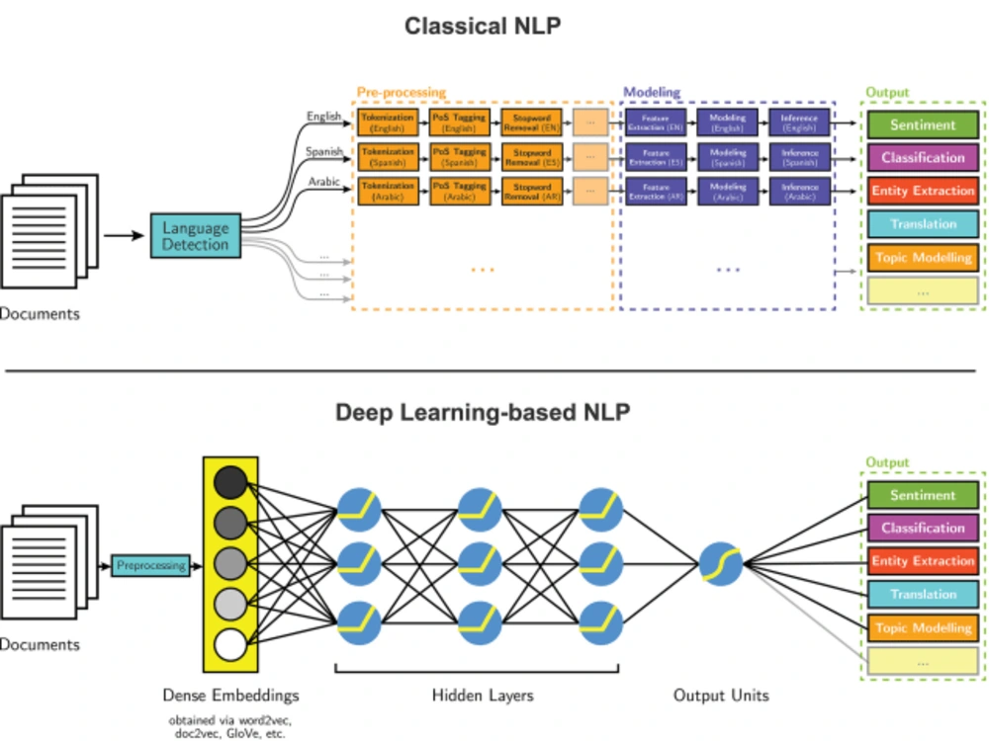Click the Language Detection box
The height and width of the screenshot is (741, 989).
click(195, 236)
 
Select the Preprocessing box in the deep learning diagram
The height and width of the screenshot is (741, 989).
click(150, 566)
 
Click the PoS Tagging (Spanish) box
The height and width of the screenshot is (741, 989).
click(459, 157)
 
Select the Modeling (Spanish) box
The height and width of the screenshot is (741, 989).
click(727, 157)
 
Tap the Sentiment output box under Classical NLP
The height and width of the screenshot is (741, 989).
click(923, 125)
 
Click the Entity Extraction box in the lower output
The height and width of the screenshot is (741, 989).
click(923, 561)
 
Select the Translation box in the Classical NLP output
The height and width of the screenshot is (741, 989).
click(923, 224)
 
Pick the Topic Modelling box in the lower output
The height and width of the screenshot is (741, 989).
click(923, 627)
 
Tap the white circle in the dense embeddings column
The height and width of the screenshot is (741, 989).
click(229, 647)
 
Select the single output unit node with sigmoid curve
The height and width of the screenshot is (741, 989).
click(721, 565)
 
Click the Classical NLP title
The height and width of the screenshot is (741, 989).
click(483, 26)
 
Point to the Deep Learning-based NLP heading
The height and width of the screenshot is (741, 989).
click(483, 412)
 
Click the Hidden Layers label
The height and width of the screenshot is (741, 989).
click(483, 696)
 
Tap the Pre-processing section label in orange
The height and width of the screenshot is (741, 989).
click(401, 92)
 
